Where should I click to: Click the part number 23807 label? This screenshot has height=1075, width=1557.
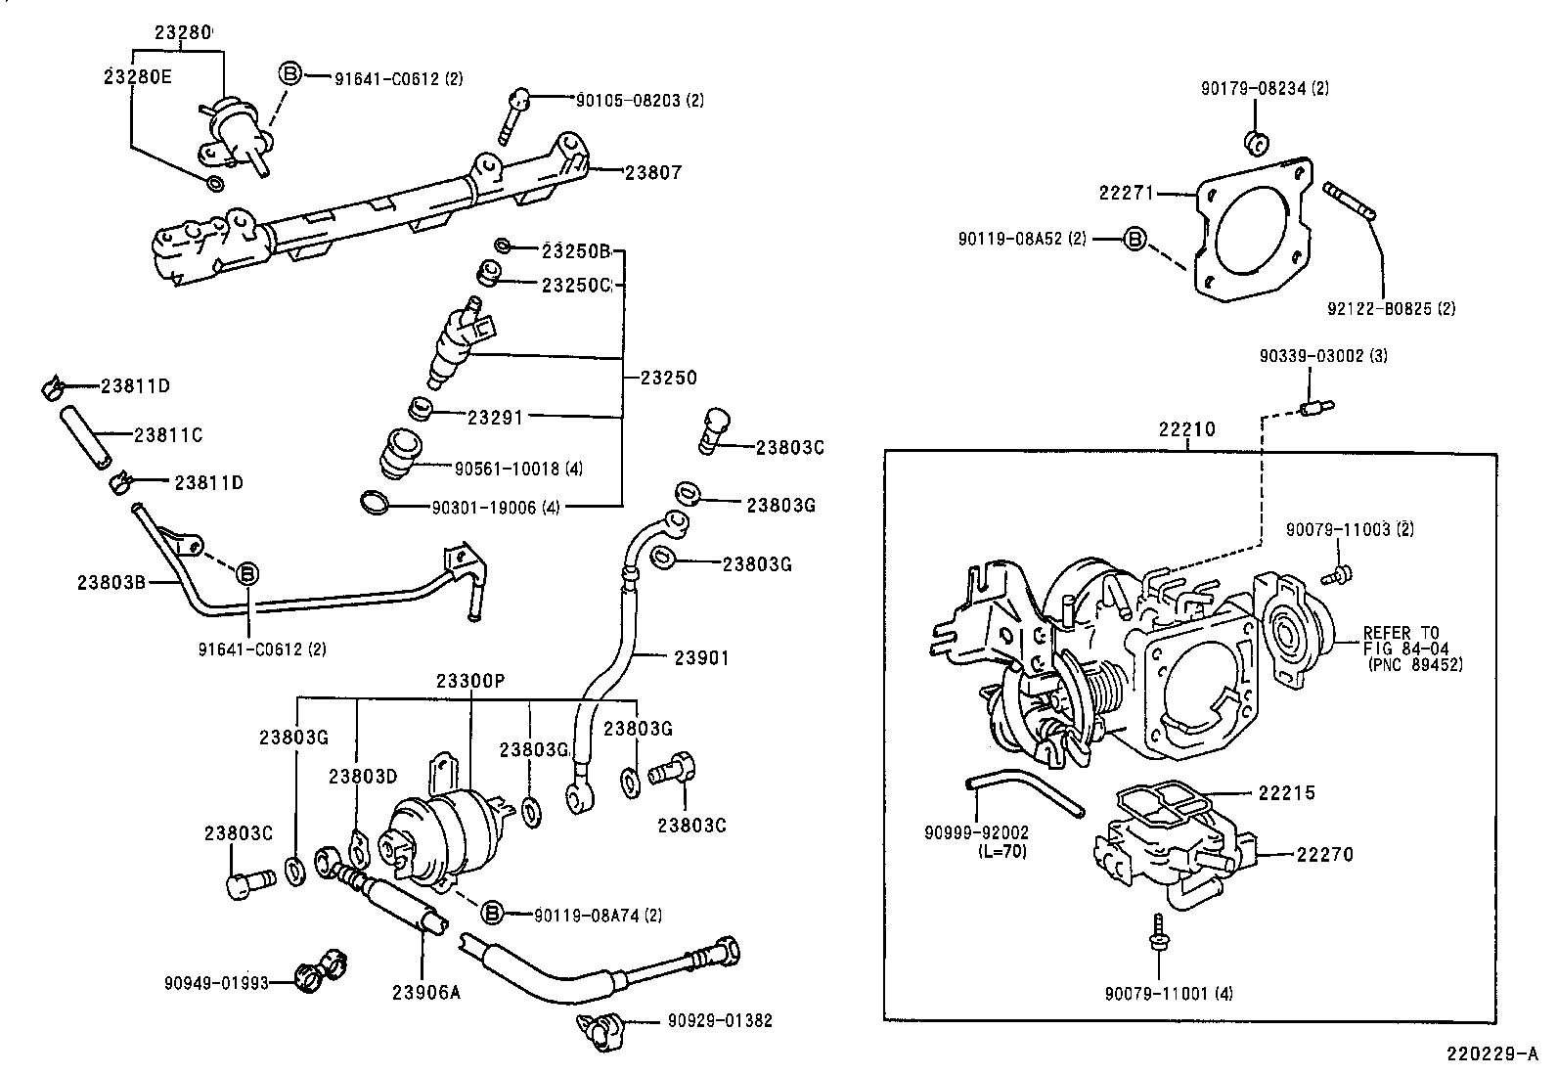tap(652, 172)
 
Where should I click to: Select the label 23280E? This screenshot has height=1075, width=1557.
tap(137, 75)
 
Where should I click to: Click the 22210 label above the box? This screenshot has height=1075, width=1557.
tap(1186, 428)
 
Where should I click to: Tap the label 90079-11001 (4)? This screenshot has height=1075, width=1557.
tap(1169, 994)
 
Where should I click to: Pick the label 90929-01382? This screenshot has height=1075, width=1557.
tap(720, 1021)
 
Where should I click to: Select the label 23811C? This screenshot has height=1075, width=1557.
tap(167, 434)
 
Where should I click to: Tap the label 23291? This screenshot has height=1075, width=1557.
tap(495, 417)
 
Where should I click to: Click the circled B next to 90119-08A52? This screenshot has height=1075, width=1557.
tap(1134, 238)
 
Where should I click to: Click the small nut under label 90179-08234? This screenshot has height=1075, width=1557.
tap(1257, 143)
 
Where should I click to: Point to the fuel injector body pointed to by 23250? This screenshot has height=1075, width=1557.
tap(456, 347)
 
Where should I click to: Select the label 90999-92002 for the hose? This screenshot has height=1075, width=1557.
tap(976, 833)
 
